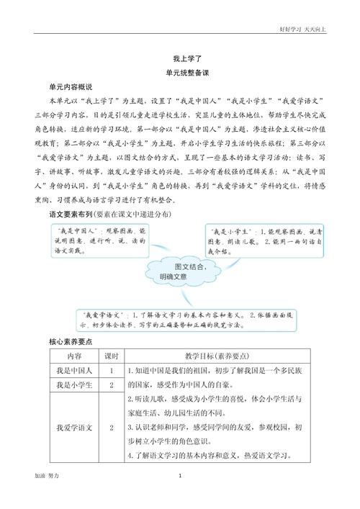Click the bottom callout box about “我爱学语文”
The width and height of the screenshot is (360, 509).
(x=184, y=319)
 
